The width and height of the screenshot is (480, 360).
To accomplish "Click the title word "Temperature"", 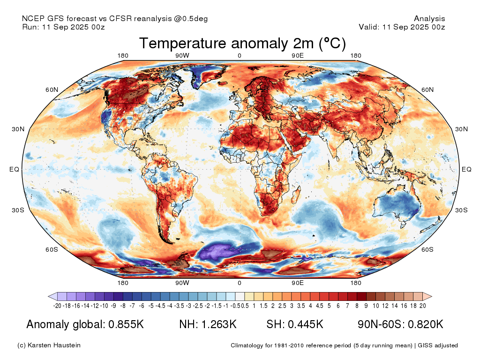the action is (183, 43).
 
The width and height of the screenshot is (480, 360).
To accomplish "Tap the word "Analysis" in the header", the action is (429, 19).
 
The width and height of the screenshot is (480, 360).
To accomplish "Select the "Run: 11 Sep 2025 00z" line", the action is (63, 27).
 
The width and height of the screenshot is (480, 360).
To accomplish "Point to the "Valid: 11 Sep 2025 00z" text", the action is (402, 27).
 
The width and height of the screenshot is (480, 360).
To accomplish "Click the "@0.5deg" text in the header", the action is (191, 19).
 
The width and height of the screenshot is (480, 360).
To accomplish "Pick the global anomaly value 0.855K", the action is (126, 324).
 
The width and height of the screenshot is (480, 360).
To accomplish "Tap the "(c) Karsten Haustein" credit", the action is (49, 345).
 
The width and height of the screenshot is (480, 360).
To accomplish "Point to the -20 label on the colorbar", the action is (57, 306).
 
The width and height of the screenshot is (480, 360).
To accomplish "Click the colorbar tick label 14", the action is (395, 306).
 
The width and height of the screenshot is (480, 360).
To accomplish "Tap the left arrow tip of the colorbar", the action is (48, 296).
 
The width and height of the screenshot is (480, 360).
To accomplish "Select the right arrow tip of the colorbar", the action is (432, 296).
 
